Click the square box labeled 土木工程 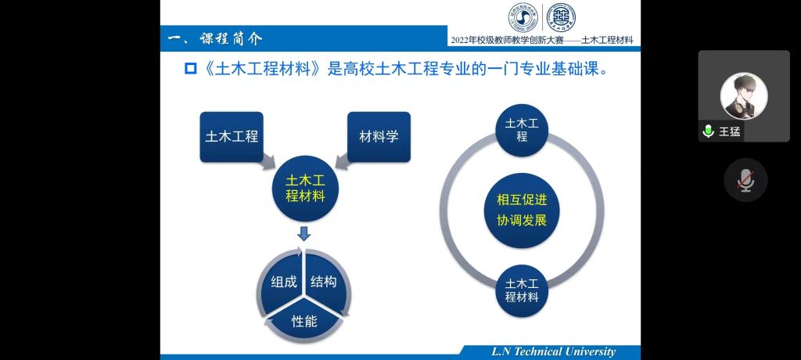pos(232,136)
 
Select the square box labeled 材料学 pos(379,136)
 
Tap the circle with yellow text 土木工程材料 pos(305,189)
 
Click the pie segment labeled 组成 pos(282,280)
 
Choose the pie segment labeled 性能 pos(304,321)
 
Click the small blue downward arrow pos(304,233)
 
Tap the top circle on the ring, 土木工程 pos(522,131)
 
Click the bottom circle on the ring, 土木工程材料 pos(522,290)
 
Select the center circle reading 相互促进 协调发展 pos(522,211)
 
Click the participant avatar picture pos(744,95)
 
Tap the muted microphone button pos(745,180)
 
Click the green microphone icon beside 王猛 pos(708,131)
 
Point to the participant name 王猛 pos(730,131)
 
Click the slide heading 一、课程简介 pos(216,38)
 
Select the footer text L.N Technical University pos(553,351)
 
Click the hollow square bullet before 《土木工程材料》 pos(191,69)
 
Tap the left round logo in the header pos(523,16)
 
